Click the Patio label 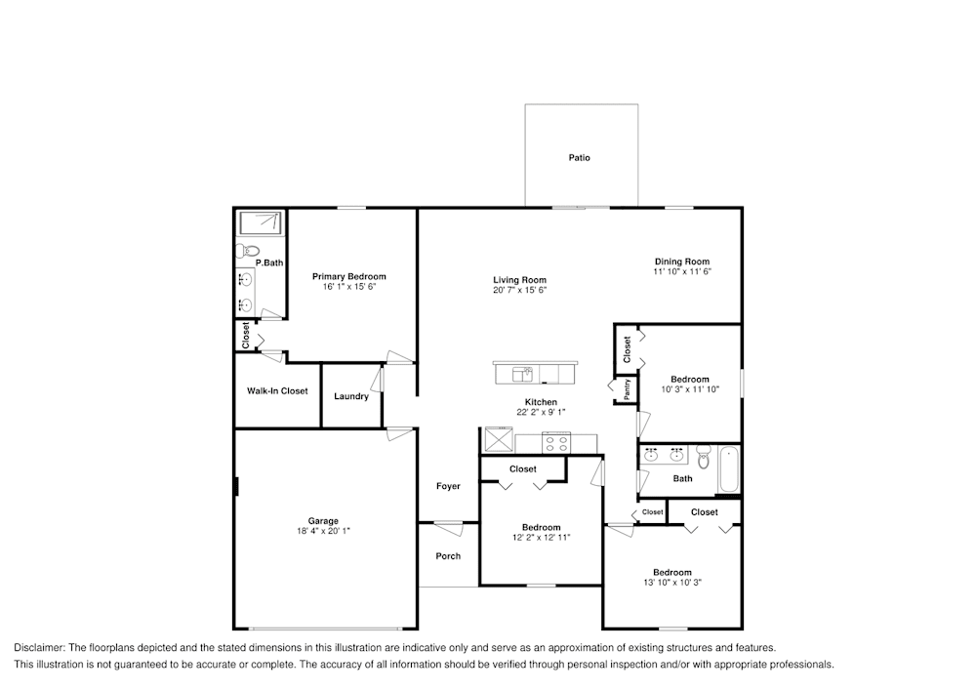pyautogui.click(x=580, y=157)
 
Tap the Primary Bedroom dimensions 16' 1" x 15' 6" pyautogui.click(x=348, y=287)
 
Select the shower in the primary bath pyautogui.click(x=261, y=222)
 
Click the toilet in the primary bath pyautogui.click(x=244, y=251)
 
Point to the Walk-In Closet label pyautogui.click(x=277, y=391)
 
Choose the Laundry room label pyautogui.click(x=350, y=396)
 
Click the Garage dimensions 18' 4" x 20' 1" pyautogui.click(x=323, y=532)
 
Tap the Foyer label pyautogui.click(x=448, y=486)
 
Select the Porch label pyautogui.click(x=448, y=556)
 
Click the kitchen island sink pyautogui.click(x=523, y=373)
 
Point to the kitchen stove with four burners pyautogui.click(x=555, y=443)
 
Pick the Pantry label pyautogui.click(x=627, y=389)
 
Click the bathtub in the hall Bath pyautogui.click(x=728, y=469)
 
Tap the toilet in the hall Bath pyautogui.click(x=703, y=455)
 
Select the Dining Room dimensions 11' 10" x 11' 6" pyautogui.click(x=681, y=272)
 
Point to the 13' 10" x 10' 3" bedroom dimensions pyautogui.click(x=671, y=584)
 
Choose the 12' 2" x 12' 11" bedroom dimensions pyautogui.click(x=541, y=538)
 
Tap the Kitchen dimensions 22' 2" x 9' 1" pyautogui.click(x=541, y=413)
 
